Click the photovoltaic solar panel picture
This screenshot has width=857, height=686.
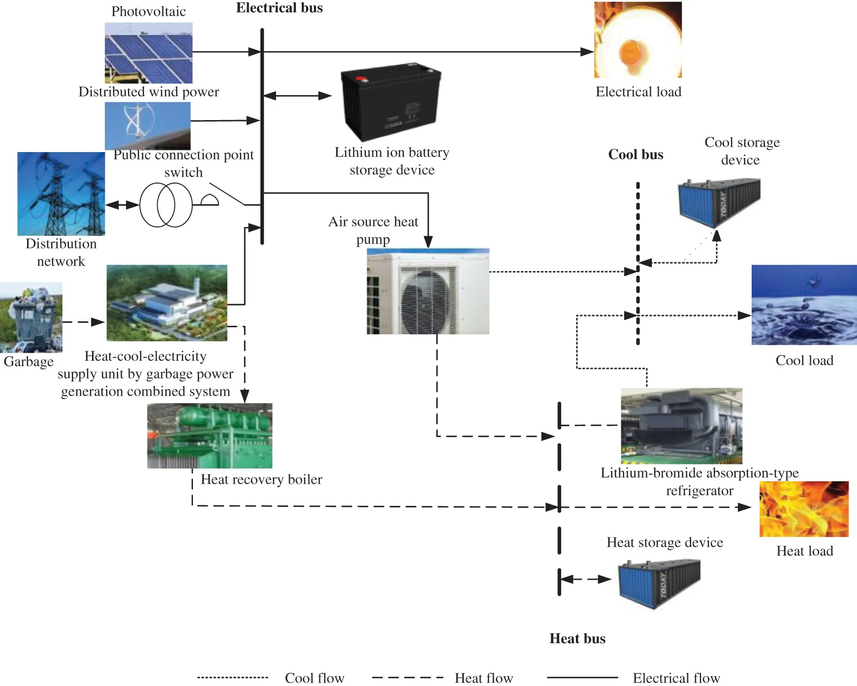(x=148, y=53)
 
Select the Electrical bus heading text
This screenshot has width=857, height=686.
(x=279, y=8)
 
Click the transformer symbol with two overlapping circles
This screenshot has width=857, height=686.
(x=166, y=205)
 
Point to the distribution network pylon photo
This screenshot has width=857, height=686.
(x=61, y=193)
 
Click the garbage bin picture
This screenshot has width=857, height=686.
(x=31, y=317)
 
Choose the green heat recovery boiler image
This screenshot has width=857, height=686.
(x=210, y=436)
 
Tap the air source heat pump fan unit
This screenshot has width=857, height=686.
(x=428, y=291)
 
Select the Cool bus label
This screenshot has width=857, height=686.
(x=635, y=155)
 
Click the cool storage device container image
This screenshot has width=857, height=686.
(x=719, y=202)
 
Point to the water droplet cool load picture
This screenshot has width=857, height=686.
(x=803, y=305)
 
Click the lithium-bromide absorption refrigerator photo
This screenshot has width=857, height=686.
(x=681, y=426)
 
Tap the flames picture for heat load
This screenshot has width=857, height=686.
(x=803, y=509)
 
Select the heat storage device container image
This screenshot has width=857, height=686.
(x=659, y=583)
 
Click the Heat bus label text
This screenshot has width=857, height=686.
(x=577, y=638)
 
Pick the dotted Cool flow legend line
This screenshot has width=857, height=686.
(x=232, y=678)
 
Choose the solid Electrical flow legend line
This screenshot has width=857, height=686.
(x=582, y=678)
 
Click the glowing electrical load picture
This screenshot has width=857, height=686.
(x=637, y=40)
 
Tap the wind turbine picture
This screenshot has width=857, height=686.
(x=147, y=126)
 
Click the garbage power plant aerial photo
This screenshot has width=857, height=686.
(x=167, y=303)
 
